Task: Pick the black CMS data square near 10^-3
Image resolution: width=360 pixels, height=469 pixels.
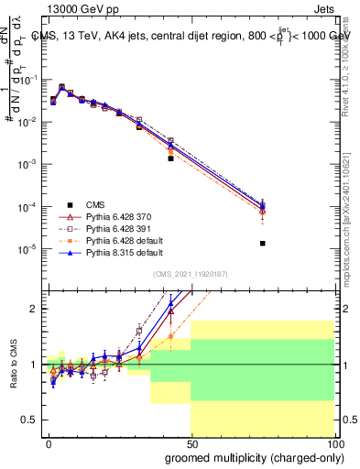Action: tap(170, 158)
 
